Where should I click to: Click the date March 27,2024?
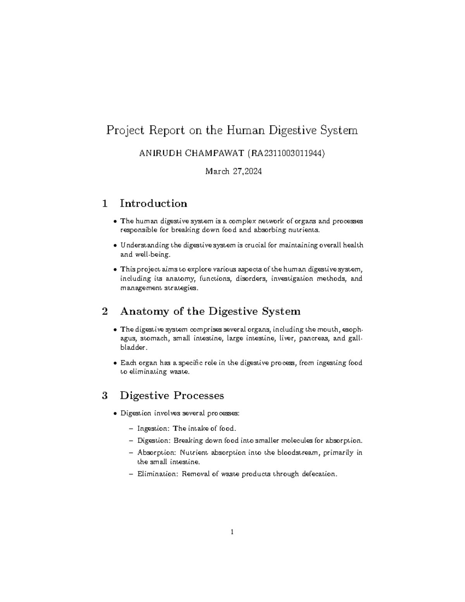coord(233,171)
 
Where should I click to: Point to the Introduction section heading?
coord(153,204)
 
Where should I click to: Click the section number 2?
coord(104,311)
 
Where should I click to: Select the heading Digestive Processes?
coord(172,395)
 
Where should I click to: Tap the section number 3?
coord(104,395)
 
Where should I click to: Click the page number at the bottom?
coord(232,532)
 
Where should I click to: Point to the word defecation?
coord(320,474)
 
